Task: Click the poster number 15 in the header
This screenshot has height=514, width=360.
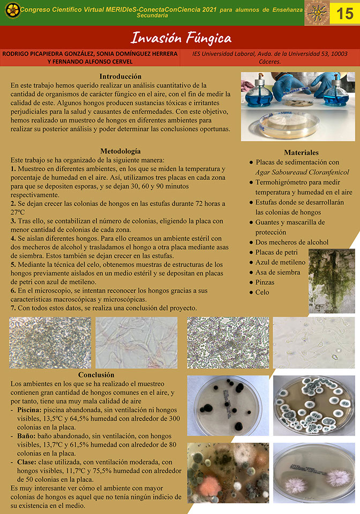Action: tap(345, 13)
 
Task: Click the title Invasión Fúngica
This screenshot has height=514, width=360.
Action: tap(181, 38)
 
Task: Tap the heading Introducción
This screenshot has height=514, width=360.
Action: tap(121, 77)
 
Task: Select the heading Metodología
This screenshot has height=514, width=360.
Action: tap(121, 151)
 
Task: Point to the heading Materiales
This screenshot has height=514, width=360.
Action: tap(301, 153)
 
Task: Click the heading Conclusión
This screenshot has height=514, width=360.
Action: tap(96, 375)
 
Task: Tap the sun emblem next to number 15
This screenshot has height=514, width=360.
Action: tap(317, 13)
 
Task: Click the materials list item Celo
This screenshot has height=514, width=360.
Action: tap(262, 292)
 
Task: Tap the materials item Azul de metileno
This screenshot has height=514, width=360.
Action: tap(280, 262)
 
